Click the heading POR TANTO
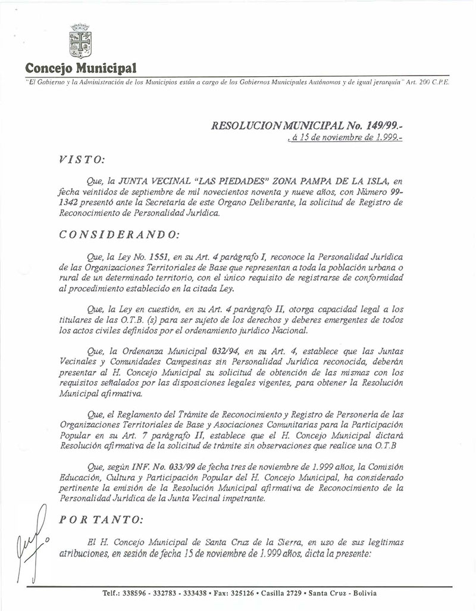101,519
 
